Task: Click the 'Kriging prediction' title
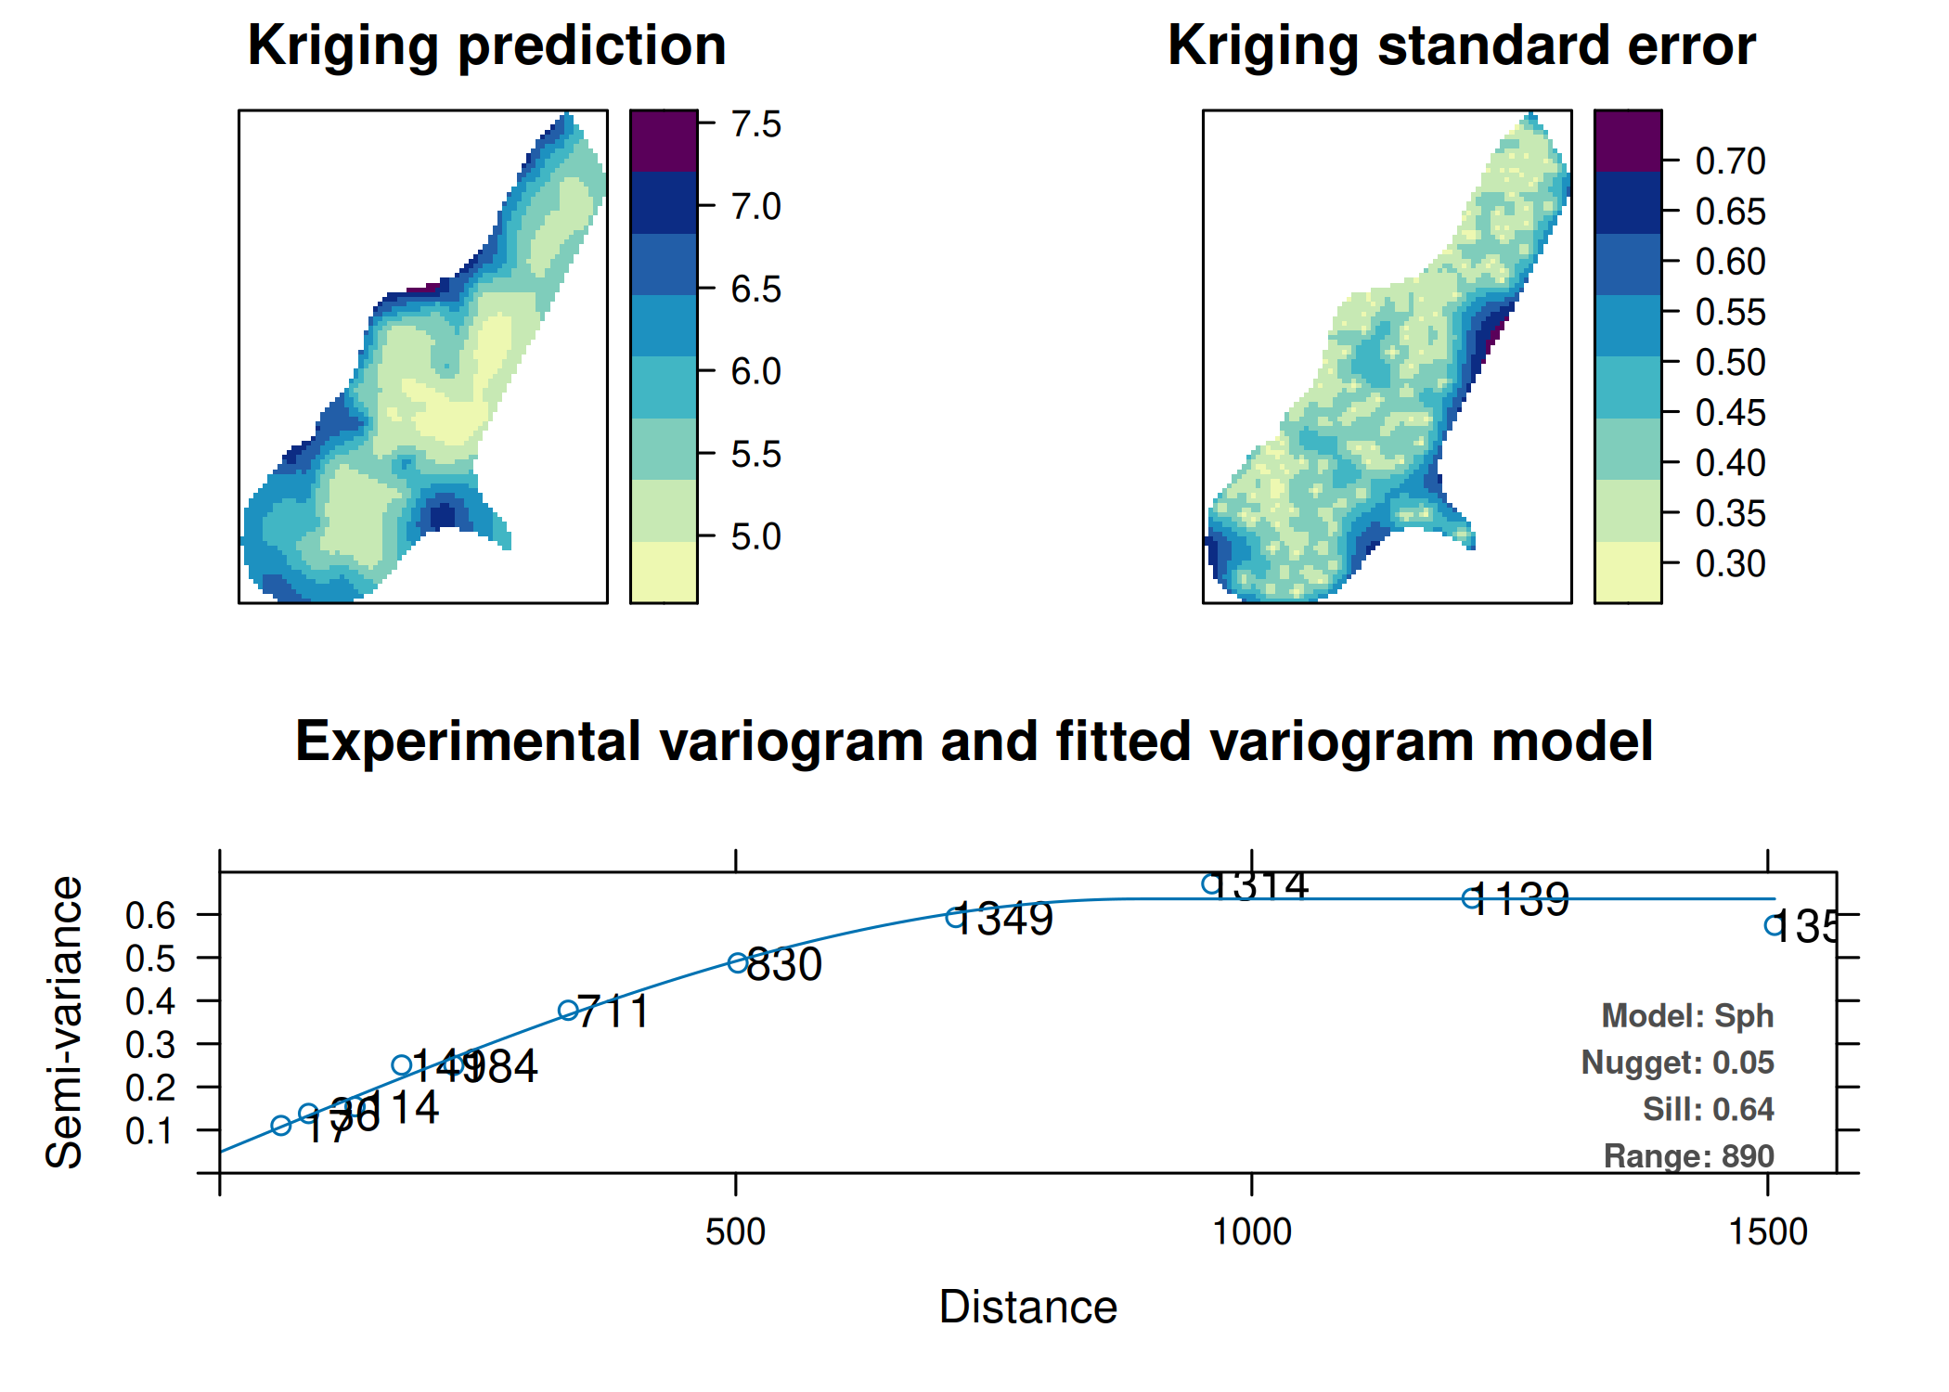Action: (x=486, y=45)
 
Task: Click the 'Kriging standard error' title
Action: (x=1461, y=45)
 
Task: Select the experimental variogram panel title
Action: (x=974, y=741)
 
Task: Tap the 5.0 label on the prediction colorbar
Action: (x=755, y=536)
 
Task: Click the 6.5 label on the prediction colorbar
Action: (x=755, y=289)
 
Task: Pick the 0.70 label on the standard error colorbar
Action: (x=1730, y=161)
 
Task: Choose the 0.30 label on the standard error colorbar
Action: (x=1730, y=563)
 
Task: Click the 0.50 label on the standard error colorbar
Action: (x=1730, y=362)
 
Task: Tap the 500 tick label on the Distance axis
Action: (x=735, y=1231)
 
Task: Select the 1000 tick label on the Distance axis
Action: (x=1251, y=1231)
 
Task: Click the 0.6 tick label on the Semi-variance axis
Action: (x=150, y=915)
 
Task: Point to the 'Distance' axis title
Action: (x=1027, y=1307)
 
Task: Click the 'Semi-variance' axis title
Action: (x=64, y=1021)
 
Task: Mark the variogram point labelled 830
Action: (x=738, y=962)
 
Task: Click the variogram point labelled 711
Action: (x=568, y=1011)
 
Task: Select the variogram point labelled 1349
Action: (x=954, y=917)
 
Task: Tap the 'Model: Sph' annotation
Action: (x=1686, y=1015)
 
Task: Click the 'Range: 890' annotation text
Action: (x=1688, y=1155)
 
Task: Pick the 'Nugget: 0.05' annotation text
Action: (x=1677, y=1062)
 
